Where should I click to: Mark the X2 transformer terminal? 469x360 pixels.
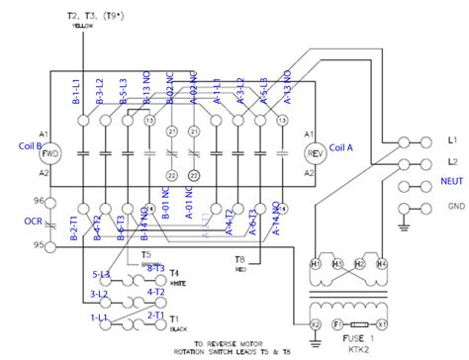(x=316, y=323)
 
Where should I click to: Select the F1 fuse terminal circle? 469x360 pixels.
(x=336, y=323)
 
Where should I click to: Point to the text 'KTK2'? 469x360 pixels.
(x=361, y=349)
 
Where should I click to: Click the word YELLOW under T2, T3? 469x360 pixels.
(x=81, y=26)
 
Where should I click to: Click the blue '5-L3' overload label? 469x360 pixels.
(x=101, y=274)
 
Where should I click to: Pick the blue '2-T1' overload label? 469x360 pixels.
(x=156, y=315)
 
